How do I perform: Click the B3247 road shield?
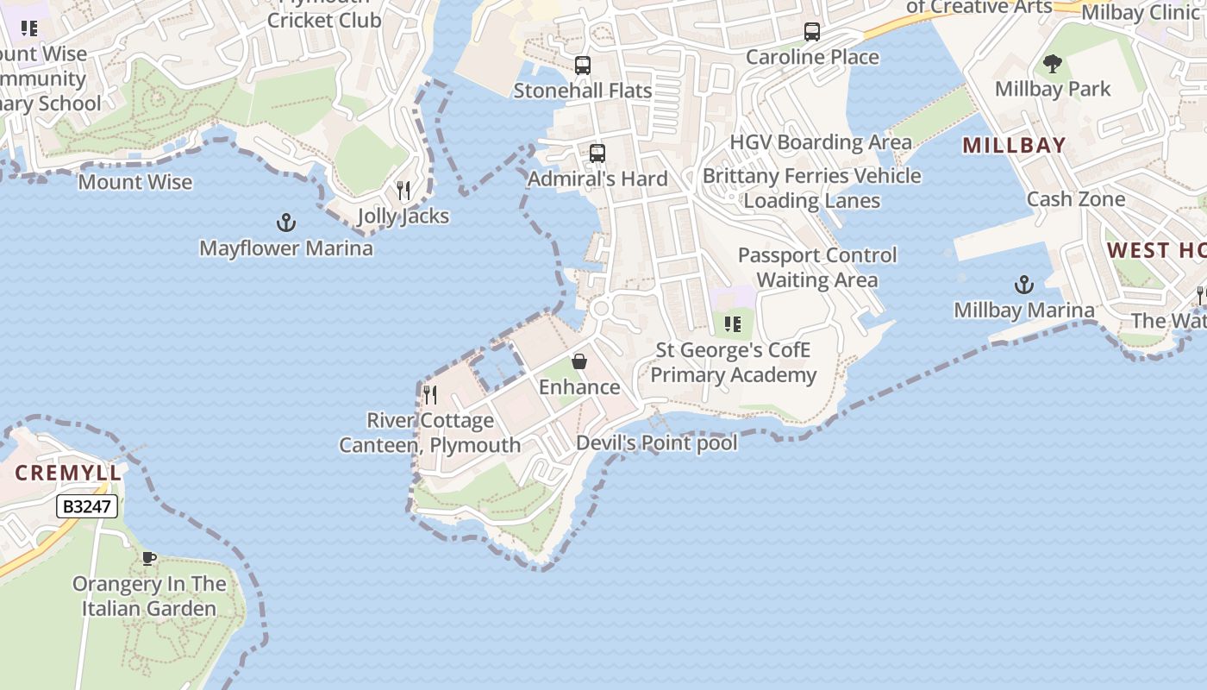coord(87,506)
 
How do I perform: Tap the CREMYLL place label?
coord(68,473)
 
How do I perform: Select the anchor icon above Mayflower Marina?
coord(286,223)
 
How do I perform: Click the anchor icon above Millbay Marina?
coord(1023,285)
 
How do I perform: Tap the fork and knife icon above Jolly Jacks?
coord(403,190)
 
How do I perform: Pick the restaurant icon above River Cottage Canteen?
coord(430,395)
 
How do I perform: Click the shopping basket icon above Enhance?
coord(579,361)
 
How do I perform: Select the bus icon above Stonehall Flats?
coord(583,66)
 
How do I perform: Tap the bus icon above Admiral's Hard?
coord(597,154)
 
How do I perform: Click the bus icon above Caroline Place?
coord(812,32)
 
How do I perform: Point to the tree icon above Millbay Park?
coord(1053,64)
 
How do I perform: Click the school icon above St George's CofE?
coord(733,325)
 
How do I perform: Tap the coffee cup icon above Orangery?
coord(149,559)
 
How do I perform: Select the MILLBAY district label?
coord(1014,145)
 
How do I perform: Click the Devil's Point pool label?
coord(656,443)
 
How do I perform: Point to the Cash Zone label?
coord(1075,199)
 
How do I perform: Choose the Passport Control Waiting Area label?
coord(817,267)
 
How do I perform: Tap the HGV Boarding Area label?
coord(821,142)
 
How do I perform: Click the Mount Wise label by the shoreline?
coord(135,182)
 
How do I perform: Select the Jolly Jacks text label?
coord(403,216)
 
